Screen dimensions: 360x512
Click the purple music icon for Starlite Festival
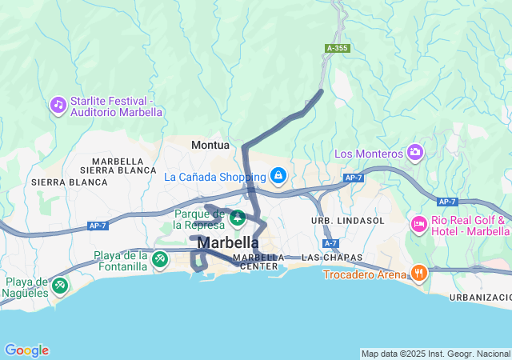(x=58, y=104)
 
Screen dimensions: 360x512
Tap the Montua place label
(x=210, y=145)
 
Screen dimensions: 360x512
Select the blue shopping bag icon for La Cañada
(x=278, y=174)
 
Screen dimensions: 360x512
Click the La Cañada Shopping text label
(x=214, y=176)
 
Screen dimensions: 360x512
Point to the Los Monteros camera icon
(x=414, y=151)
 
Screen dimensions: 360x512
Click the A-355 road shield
(x=337, y=49)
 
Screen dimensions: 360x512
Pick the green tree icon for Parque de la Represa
(x=238, y=217)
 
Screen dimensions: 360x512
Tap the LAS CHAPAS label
(x=323, y=258)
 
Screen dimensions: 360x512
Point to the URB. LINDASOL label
(x=348, y=220)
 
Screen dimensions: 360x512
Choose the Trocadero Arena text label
(x=365, y=274)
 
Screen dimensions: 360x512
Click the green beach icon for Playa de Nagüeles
(x=58, y=285)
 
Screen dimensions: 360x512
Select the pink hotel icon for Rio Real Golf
(x=418, y=224)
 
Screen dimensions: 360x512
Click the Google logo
(x=26, y=350)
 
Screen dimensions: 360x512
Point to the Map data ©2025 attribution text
(x=435, y=354)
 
